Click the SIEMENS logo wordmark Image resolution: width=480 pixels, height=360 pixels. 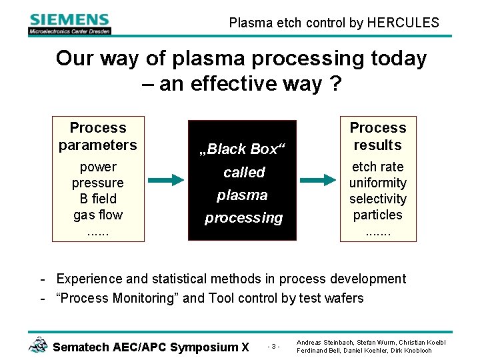[69, 19]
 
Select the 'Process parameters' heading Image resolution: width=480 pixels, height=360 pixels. [98, 136]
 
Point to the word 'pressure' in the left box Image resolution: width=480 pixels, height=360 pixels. [98, 183]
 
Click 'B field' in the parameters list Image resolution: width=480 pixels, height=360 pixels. [98, 199]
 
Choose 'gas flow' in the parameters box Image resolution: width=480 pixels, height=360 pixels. [98, 215]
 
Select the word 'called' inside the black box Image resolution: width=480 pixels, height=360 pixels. [244, 172]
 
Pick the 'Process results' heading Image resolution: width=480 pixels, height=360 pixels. [378, 136]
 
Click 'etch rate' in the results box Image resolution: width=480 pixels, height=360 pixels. [378, 167]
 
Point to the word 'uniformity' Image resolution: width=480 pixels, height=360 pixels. [378, 183]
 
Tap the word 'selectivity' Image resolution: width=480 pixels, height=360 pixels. [378, 199]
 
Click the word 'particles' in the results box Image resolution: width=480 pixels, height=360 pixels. [378, 215]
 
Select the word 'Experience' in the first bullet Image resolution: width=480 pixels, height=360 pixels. [89, 279]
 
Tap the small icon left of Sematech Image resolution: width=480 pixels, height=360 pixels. [38, 345]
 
